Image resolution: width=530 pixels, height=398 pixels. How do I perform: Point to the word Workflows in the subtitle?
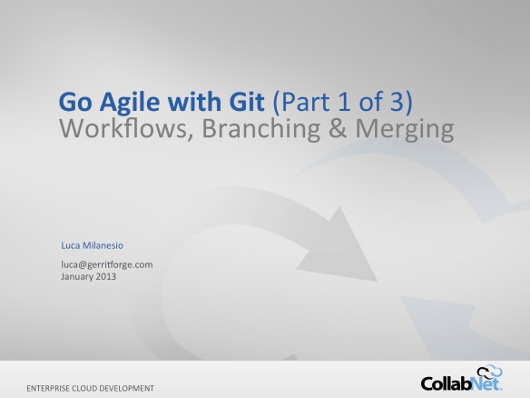113,129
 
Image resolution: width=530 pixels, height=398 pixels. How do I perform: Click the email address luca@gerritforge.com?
106,264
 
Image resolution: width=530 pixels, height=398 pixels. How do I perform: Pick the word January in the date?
77,276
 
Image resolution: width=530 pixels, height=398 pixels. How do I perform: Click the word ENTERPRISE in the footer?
54,386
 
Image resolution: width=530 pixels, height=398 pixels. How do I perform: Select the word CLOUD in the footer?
99,386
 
